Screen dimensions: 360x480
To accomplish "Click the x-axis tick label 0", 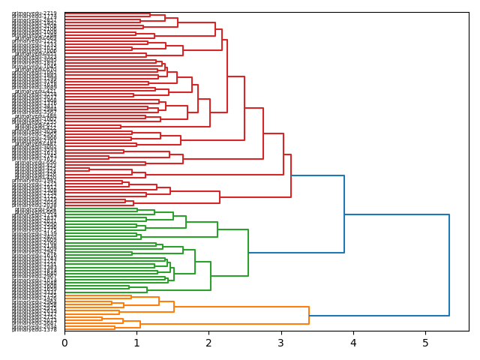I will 64,343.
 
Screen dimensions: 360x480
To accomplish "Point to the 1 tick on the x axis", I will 136,343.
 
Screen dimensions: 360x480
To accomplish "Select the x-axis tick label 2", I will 208,343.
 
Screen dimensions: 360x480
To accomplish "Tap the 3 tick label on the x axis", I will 280,343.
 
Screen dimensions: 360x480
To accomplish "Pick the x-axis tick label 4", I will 353,343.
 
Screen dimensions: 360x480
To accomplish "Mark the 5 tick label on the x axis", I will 425,343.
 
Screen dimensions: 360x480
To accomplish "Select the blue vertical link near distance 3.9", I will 344,214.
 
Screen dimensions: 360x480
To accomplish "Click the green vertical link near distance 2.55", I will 248,253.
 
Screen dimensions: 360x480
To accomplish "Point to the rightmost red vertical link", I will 291,175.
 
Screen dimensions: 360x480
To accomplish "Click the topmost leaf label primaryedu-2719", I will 34,13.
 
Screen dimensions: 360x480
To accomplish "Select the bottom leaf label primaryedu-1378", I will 34,329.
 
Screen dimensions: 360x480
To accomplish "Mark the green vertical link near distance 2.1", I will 217,229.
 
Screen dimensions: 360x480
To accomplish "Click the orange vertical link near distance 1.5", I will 174,306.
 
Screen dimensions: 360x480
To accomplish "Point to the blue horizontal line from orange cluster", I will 379,315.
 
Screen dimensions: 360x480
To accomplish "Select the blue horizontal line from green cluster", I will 296,253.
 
